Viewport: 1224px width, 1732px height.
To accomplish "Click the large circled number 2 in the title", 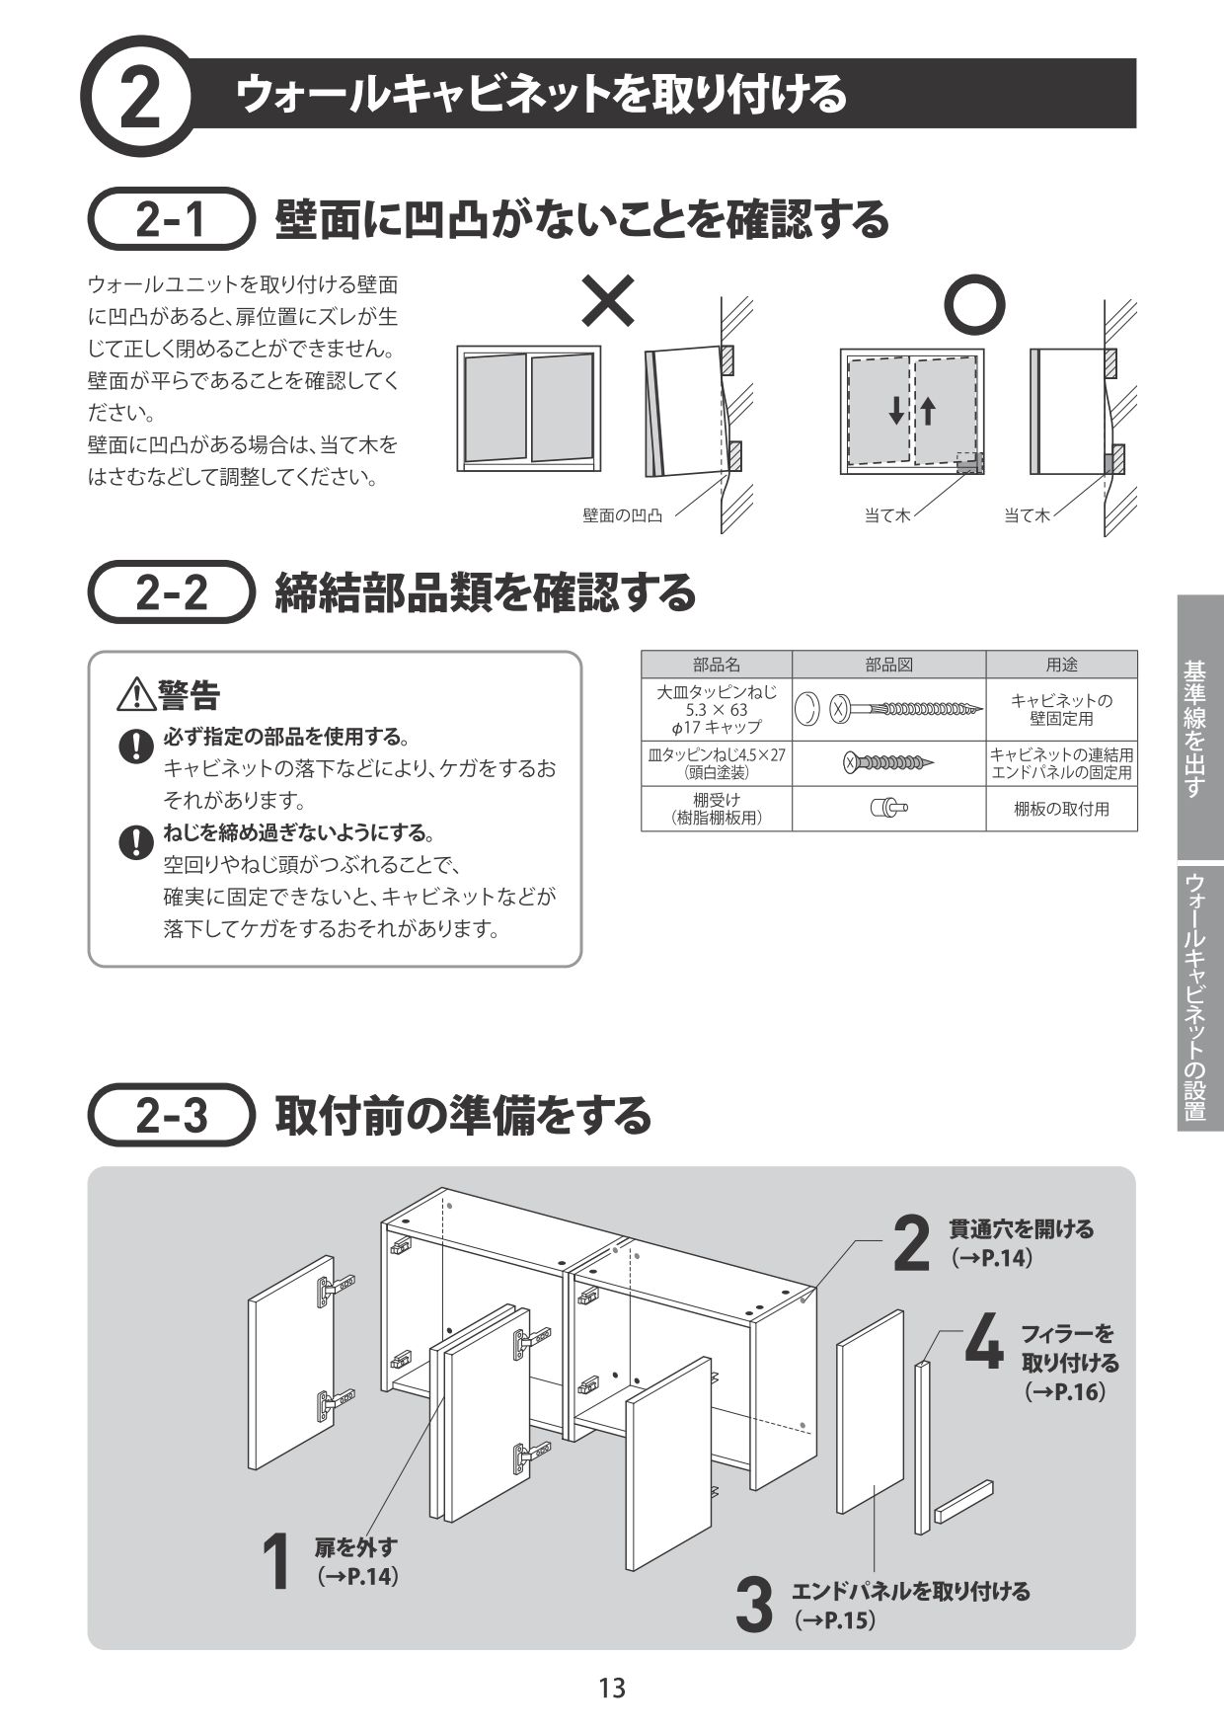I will [x=141, y=97].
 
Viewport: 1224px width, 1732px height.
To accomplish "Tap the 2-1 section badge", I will [x=172, y=219].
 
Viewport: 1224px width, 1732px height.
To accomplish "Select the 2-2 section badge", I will [x=172, y=591].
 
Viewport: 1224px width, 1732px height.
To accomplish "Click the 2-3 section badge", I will [x=172, y=1115].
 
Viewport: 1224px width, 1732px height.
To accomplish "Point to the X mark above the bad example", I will [x=607, y=300].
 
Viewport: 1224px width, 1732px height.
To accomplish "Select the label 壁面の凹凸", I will [x=622, y=515].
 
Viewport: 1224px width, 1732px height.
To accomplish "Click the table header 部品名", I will [x=716, y=665].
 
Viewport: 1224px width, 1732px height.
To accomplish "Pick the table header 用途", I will [x=1061, y=665].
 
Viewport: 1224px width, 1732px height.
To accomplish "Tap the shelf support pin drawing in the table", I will [x=888, y=808].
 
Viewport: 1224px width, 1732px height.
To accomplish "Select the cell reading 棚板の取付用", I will [x=1061, y=809].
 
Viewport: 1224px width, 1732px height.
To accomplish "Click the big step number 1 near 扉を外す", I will [x=277, y=1561].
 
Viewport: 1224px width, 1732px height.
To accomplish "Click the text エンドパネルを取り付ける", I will [x=910, y=1591].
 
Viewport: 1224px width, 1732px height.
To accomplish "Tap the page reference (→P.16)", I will [x=1064, y=1391].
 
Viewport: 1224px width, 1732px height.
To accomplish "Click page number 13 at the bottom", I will [x=612, y=1689].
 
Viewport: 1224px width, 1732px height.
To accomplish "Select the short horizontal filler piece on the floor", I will [x=963, y=1500].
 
